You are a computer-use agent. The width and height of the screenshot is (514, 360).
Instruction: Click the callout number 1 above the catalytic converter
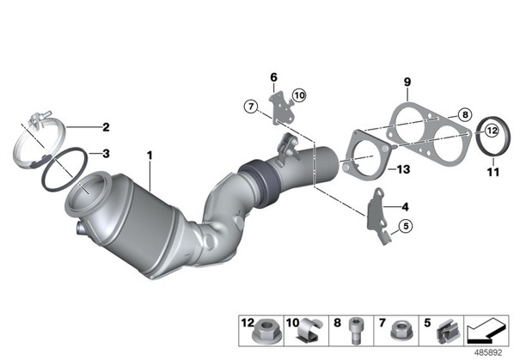click(x=150, y=156)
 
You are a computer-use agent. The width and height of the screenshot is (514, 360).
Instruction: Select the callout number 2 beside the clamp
click(x=106, y=127)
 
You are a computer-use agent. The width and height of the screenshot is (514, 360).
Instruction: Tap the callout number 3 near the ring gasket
click(x=106, y=153)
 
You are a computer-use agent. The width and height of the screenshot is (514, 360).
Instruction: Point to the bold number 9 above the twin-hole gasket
click(x=407, y=82)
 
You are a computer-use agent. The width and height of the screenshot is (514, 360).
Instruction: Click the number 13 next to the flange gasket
click(x=403, y=169)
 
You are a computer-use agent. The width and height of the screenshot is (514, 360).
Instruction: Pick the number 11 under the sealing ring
click(x=493, y=172)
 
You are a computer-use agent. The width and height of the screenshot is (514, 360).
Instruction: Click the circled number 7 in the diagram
click(x=251, y=107)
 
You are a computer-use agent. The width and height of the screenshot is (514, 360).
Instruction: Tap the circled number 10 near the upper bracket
click(x=299, y=95)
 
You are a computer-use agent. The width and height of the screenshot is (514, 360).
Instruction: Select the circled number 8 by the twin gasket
click(x=465, y=114)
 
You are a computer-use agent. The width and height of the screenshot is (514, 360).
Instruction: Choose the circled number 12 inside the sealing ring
click(x=492, y=131)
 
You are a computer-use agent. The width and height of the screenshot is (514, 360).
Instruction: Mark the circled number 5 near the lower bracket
click(x=406, y=226)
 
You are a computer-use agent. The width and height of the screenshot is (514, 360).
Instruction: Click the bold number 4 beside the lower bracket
click(x=406, y=207)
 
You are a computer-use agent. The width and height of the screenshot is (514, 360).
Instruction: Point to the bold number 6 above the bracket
click(x=273, y=77)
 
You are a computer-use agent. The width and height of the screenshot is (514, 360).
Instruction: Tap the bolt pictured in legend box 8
click(x=355, y=330)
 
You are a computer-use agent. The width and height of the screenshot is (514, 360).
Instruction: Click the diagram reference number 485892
click(x=488, y=353)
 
